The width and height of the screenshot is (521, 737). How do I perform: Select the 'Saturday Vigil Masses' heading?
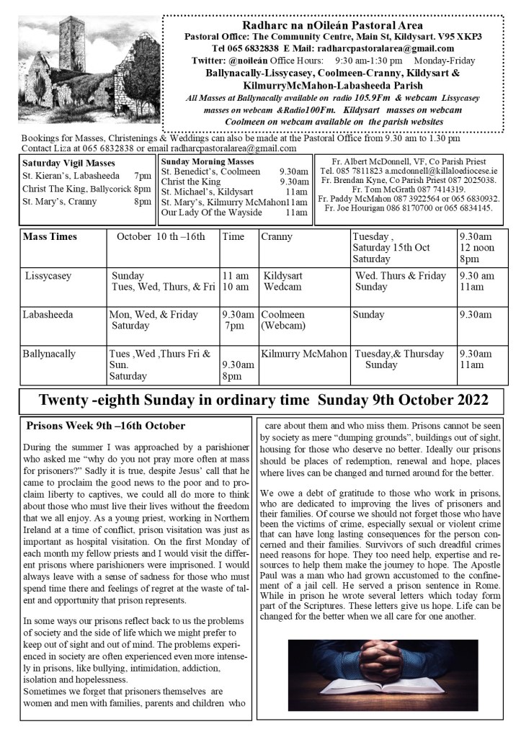click(x=59, y=163)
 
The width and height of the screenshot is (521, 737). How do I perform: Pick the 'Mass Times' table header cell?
click(x=50, y=236)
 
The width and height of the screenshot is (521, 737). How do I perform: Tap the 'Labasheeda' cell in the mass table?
click(x=48, y=315)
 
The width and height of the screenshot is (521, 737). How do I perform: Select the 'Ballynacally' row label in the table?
click(x=49, y=354)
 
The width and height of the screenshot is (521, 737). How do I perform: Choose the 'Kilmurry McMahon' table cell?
click(x=304, y=354)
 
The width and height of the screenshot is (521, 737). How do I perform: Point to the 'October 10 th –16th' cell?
click(x=161, y=236)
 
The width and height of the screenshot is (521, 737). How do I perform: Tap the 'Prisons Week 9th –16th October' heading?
click(x=106, y=426)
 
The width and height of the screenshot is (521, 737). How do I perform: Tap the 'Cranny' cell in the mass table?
click(x=277, y=236)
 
